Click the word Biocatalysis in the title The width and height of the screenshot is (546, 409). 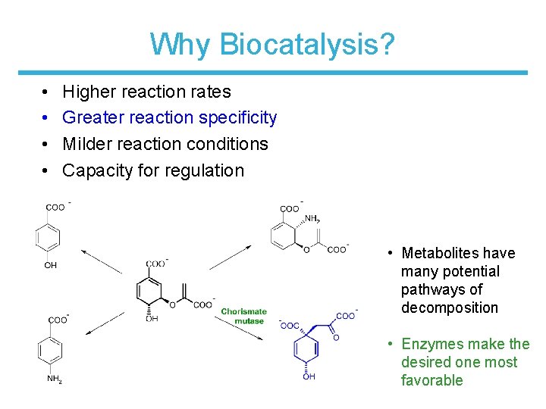click(x=306, y=45)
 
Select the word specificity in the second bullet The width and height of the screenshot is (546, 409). click(x=237, y=117)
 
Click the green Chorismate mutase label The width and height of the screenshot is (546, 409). click(x=243, y=316)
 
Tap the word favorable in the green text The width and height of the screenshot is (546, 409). click(x=431, y=380)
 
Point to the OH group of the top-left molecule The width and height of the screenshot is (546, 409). click(x=51, y=265)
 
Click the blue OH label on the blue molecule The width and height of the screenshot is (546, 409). click(x=309, y=377)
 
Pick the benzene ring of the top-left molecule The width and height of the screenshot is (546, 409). click(x=49, y=237)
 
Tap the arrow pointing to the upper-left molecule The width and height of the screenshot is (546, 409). click(x=102, y=261)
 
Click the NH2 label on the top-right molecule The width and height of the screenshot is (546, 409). click(x=312, y=220)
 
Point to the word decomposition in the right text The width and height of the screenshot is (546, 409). click(x=450, y=308)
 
